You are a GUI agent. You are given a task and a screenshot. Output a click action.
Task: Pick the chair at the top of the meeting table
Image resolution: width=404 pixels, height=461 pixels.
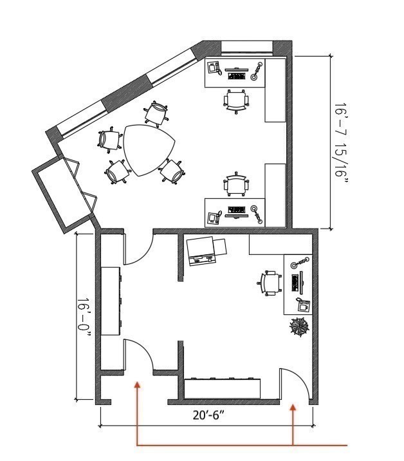pos(156,113)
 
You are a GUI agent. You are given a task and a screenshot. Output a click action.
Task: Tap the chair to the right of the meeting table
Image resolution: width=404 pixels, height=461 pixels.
pos(172,171)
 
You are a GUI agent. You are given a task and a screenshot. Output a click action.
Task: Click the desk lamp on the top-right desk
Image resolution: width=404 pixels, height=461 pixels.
pos(257,71)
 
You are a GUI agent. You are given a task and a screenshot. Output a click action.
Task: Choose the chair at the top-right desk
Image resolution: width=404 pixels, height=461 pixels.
pos(236,100)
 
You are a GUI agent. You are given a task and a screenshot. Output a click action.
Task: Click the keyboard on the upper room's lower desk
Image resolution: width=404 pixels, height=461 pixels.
pos(237,210)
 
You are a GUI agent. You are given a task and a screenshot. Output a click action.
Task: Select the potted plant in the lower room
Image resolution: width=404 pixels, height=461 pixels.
pos(299,327)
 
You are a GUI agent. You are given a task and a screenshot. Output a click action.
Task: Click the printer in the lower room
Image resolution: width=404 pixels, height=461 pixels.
pos(206,250)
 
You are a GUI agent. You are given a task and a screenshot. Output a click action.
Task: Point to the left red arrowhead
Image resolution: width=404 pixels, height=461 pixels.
pos(137,386)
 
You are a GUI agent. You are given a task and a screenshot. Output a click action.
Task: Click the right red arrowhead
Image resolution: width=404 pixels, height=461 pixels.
pos(293,407)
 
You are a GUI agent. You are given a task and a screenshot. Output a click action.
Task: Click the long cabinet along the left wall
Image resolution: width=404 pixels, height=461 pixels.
pos(110,301)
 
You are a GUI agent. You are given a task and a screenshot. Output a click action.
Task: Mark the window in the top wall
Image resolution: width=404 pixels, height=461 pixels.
pos(247,47)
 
